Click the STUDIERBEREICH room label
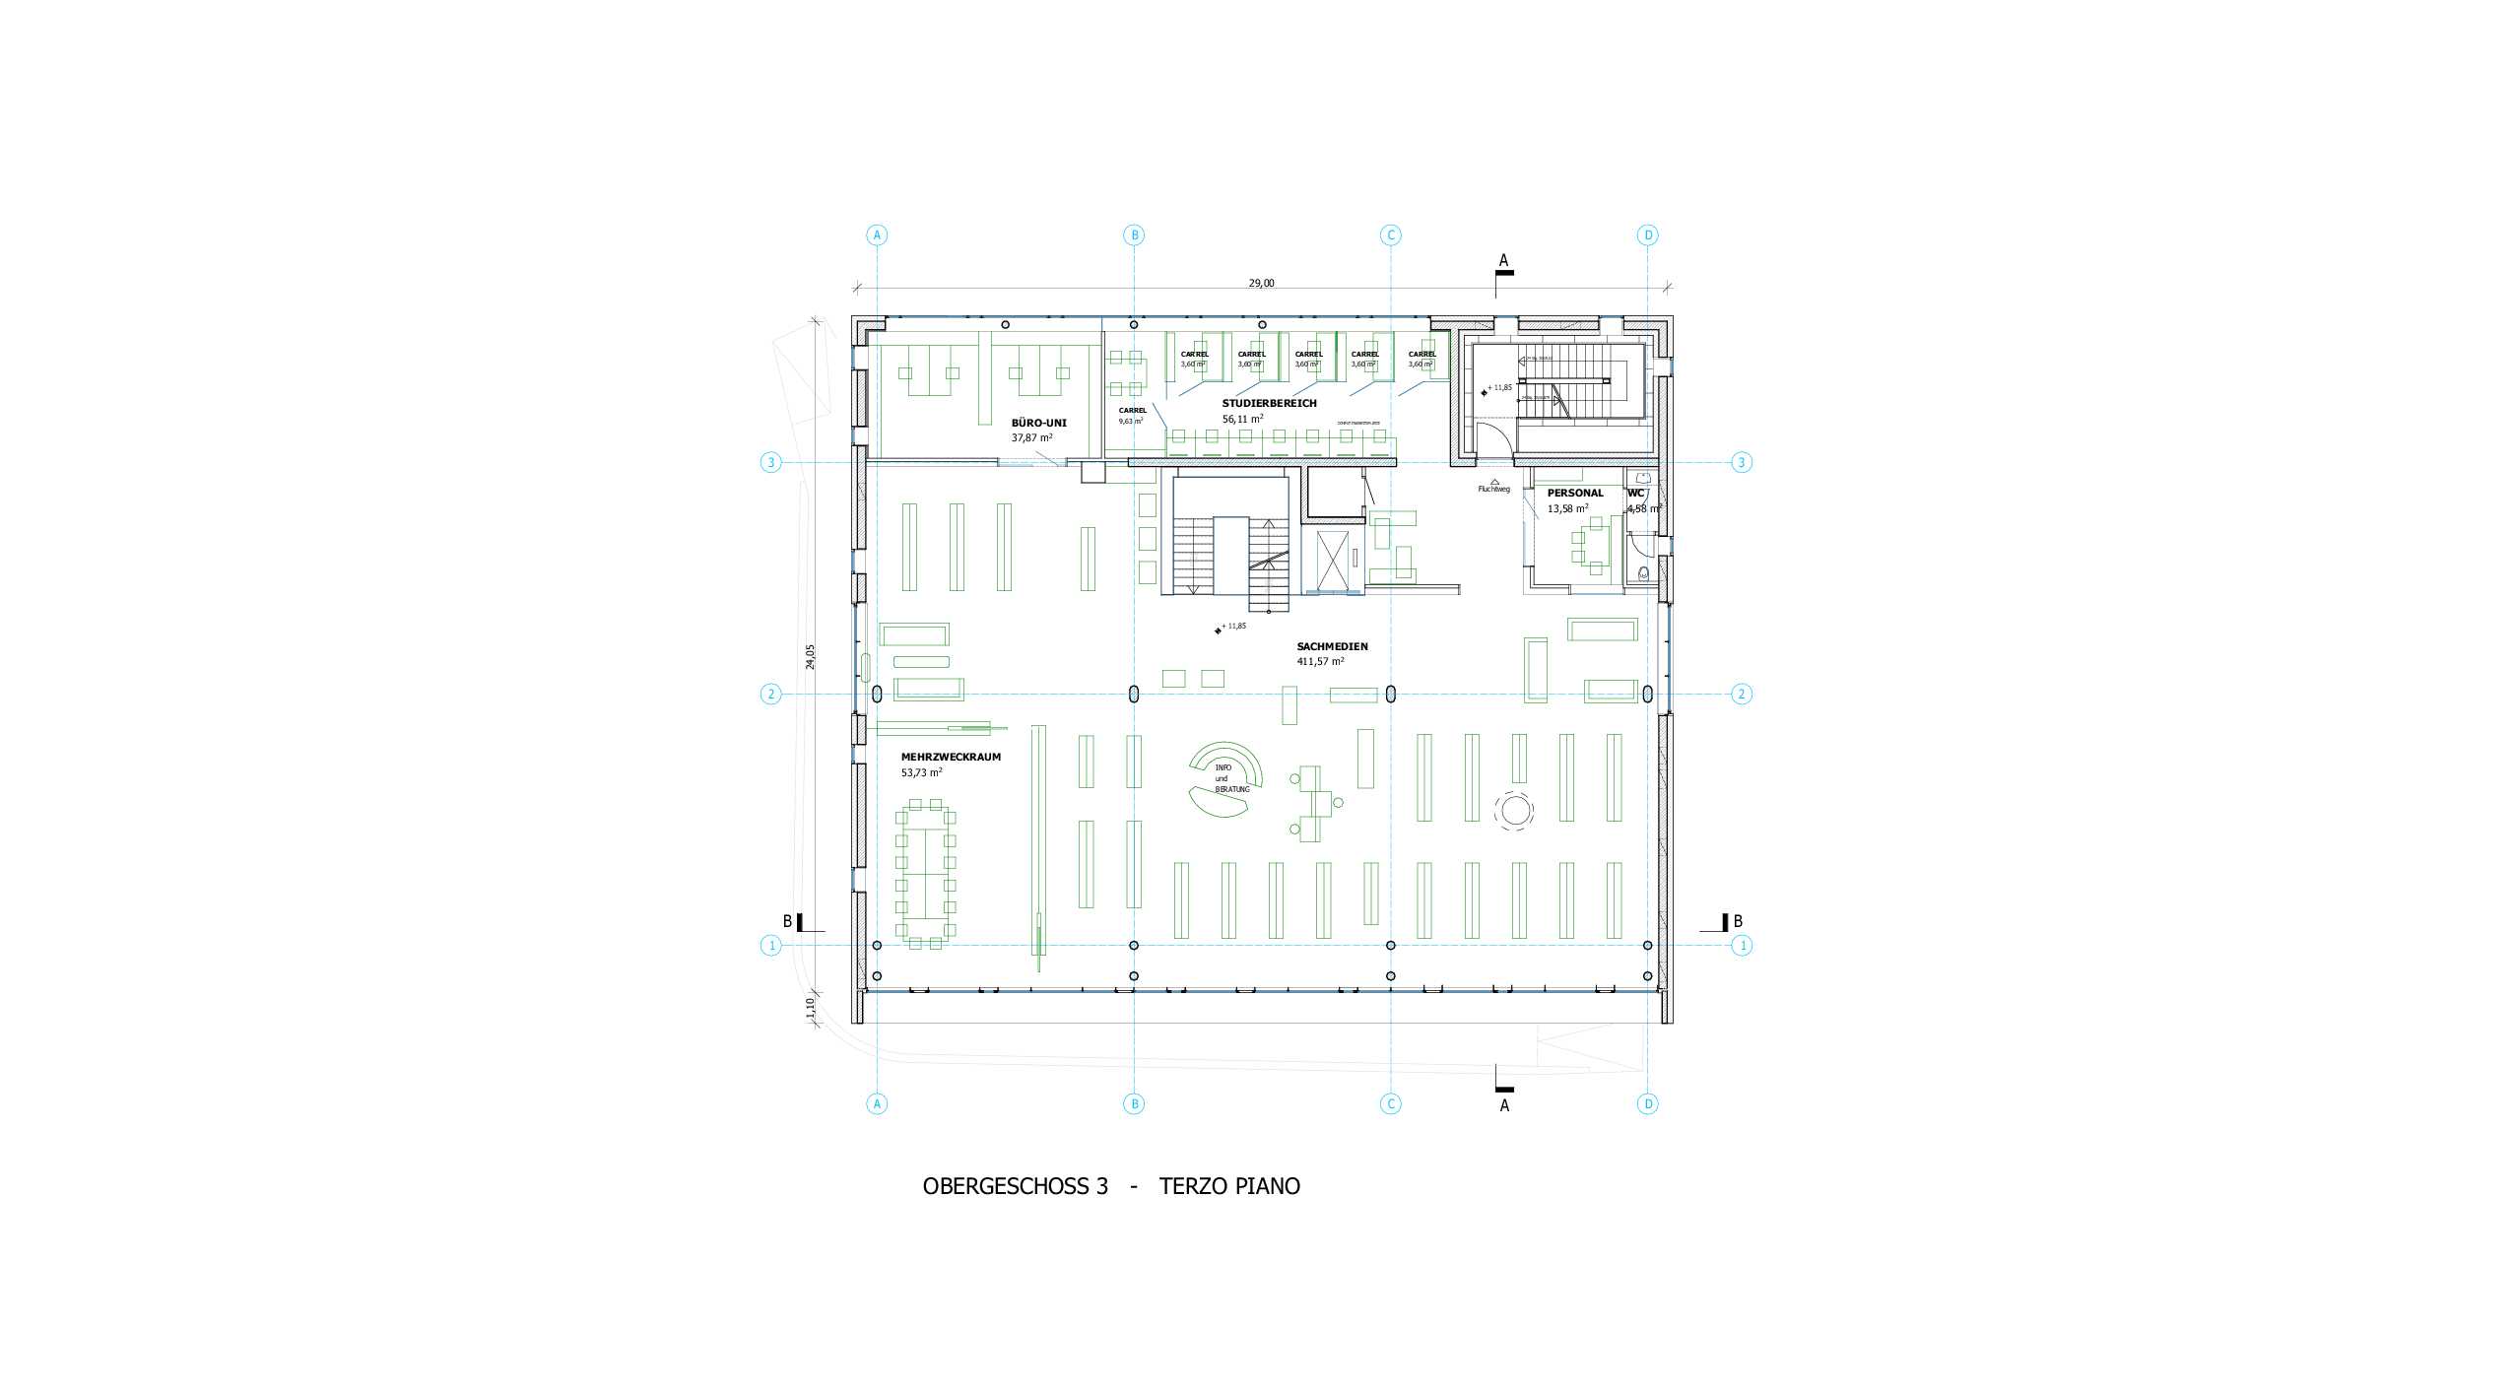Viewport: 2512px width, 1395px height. point(1269,403)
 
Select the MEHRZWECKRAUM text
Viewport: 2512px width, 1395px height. point(937,757)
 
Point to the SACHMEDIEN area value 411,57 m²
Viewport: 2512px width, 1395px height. point(1320,662)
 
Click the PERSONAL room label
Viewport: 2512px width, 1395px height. point(1574,493)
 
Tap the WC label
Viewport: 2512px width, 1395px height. point(1635,493)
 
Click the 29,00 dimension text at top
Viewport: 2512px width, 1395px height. point(1261,283)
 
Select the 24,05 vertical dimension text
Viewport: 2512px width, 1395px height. point(811,656)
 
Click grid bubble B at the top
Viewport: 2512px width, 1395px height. point(1134,234)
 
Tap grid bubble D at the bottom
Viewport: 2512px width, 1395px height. point(1648,1103)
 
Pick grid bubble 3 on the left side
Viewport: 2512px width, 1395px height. point(770,462)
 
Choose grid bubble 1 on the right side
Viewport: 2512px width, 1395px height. point(1742,945)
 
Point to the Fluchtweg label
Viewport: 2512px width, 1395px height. point(1493,489)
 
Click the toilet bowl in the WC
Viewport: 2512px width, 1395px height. point(1642,574)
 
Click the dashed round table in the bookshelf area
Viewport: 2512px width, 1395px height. point(1513,811)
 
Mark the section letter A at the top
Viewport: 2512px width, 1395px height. point(1503,260)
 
